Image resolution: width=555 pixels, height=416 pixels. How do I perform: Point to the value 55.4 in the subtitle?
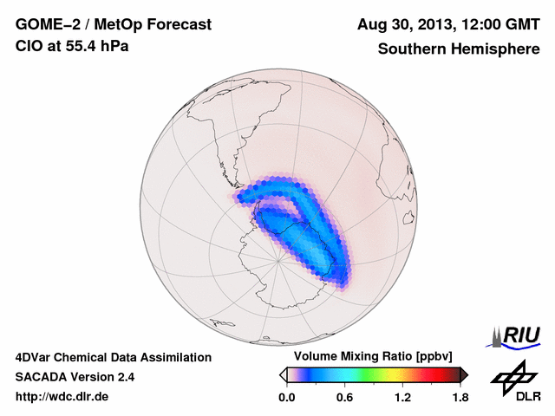coord(81,47)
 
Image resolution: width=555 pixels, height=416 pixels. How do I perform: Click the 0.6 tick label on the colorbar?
coord(344,398)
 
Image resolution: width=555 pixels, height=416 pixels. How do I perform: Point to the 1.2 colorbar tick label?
coord(402,398)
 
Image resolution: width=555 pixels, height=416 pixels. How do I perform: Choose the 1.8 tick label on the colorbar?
coord(460,398)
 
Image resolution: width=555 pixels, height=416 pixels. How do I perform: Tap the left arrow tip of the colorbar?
coord(284,374)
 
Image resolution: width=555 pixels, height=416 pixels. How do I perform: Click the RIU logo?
coord(518,335)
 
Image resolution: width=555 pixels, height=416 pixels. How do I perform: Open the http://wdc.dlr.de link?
coord(62,397)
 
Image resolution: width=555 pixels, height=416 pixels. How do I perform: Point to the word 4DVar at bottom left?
coord(36,357)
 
